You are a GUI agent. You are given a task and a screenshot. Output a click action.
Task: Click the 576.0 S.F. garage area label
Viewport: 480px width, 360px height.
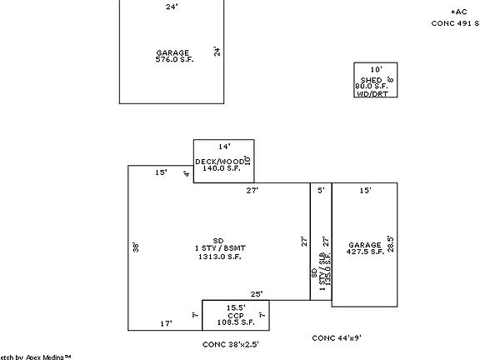[x=173, y=60]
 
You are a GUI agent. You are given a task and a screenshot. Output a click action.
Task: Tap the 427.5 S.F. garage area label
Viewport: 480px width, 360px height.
[x=365, y=251]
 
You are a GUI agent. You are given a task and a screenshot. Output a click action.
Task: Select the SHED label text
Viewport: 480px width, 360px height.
[x=369, y=79]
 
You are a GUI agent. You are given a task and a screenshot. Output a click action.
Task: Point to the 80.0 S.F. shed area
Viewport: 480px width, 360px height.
[x=372, y=86]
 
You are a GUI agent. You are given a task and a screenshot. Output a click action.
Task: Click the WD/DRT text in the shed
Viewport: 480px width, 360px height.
[x=372, y=93]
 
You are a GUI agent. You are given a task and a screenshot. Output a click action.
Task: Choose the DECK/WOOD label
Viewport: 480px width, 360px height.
[x=219, y=161]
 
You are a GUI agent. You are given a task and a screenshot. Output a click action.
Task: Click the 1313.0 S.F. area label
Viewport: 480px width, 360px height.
[x=219, y=257]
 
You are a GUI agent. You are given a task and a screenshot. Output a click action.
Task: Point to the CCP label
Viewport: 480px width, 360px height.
[x=234, y=316]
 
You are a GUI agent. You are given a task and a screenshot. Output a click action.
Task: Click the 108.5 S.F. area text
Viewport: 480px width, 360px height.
[x=234, y=322]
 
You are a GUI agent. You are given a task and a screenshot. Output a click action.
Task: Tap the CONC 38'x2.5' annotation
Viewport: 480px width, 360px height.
[x=231, y=343]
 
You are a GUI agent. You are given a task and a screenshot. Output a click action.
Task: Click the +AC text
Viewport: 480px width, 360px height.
[x=458, y=12]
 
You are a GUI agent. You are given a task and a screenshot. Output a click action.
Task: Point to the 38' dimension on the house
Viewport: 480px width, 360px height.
[x=134, y=246]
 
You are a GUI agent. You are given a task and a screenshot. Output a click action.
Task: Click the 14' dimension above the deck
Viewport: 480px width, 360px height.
[x=223, y=147]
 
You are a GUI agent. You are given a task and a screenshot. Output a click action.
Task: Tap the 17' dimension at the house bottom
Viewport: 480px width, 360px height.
[x=166, y=323]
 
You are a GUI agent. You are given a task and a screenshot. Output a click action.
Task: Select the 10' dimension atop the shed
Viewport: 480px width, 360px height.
[x=376, y=69]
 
